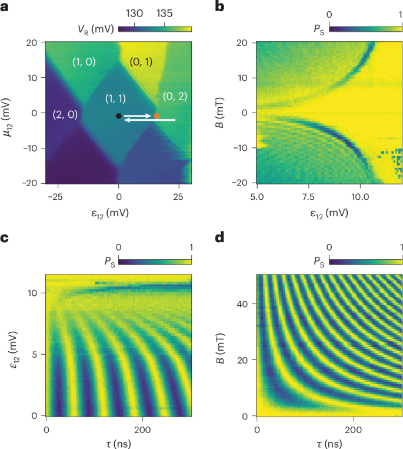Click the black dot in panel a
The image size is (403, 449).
(x=119, y=116)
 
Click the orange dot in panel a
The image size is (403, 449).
(x=156, y=116)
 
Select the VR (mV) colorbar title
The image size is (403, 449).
(x=95, y=28)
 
